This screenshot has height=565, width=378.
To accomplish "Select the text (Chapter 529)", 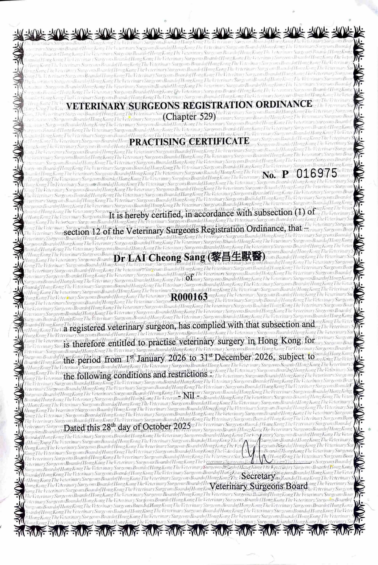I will tap(189, 117).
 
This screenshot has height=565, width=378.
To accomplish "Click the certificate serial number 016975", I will tap(317, 174).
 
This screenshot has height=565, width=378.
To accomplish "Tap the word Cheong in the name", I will tap(166, 258).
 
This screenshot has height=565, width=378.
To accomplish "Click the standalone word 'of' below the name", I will tap(189, 278).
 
